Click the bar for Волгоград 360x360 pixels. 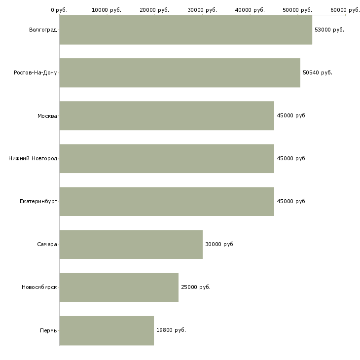[x=185, y=30]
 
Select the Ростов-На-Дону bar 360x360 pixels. [x=180, y=73]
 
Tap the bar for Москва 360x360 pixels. [x=167, y=116]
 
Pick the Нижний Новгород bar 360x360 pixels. [x=167, y=159]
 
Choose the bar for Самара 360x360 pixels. [x=131, y=245]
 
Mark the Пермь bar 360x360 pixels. [x=107, y=330]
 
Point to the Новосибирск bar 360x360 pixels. [x=119, y=288]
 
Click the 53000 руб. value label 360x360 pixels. [x=329, y=30]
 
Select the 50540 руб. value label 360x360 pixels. [x=318, y=72]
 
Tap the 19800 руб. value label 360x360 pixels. [x=171, y=330]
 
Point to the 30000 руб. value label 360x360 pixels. [x=220, y=244]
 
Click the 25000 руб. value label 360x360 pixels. [x=196, y=287]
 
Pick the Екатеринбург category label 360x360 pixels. [x=38, y=201]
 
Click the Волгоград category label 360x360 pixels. [x=43, y=30]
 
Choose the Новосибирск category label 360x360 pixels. [x=39, y=287]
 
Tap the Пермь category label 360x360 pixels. [x=48, y=330]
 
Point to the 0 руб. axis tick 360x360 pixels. [x=59, y=9]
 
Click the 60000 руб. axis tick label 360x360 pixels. [x=345, y=9]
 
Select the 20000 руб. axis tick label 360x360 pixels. [x=155, y=9]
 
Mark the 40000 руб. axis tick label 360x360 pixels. [x=250, y=9]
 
